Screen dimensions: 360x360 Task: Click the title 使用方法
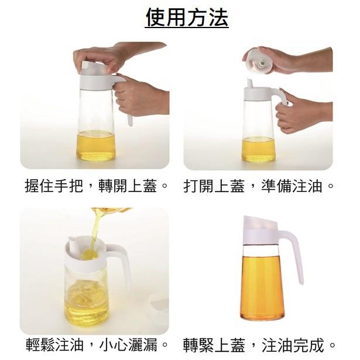point(187,18)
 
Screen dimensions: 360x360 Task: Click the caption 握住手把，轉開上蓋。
point(97,186)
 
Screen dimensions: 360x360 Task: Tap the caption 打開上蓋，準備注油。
point(259,186)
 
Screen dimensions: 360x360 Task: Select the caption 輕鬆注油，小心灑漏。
point(97,344)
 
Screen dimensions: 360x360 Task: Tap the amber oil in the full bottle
point(261,287)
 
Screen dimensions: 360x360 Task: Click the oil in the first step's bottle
point(96,146)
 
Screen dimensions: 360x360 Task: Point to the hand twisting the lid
point(101,57)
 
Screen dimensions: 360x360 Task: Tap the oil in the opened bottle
point(259,149)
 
